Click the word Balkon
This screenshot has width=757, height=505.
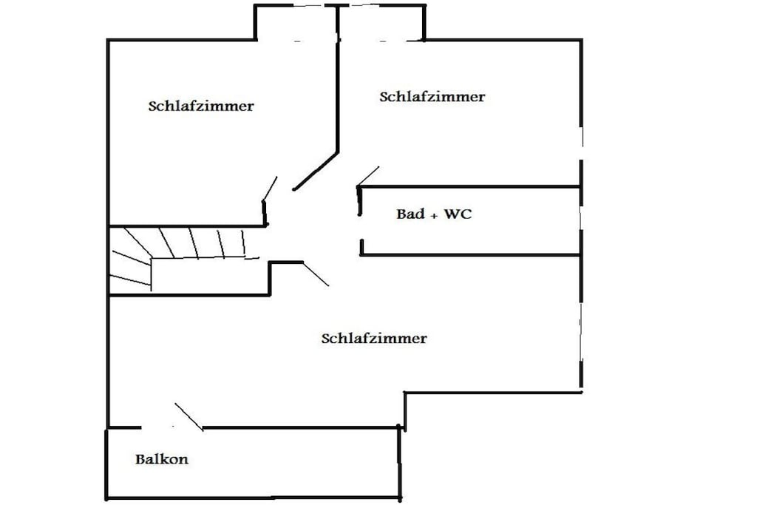pos(162,458)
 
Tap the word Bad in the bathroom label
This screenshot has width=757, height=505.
pos(410,214)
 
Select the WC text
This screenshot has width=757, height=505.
pos(457,214)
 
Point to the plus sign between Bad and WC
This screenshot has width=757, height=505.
pos(434,215)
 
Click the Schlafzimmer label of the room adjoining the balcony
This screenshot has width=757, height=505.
pos(374,338)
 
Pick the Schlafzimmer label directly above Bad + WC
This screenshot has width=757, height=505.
pos(432,97)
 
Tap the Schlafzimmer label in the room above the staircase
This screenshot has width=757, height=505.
pos(201,106)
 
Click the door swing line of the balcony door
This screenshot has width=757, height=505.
pos(189,416)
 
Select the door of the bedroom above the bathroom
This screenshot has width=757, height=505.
pos(368,177)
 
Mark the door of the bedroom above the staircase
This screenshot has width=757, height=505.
pos(269,189)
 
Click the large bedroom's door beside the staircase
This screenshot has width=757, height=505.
pos(316,274)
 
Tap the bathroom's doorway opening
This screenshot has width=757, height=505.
pos(360,228)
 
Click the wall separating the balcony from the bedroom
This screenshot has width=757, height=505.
pos(300,428)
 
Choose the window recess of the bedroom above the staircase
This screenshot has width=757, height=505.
pos(296,23)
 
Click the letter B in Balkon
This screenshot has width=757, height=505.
pos(140,458)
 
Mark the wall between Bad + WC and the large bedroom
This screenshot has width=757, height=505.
pos(470,254)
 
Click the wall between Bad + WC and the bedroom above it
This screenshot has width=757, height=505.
pos(469,186)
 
